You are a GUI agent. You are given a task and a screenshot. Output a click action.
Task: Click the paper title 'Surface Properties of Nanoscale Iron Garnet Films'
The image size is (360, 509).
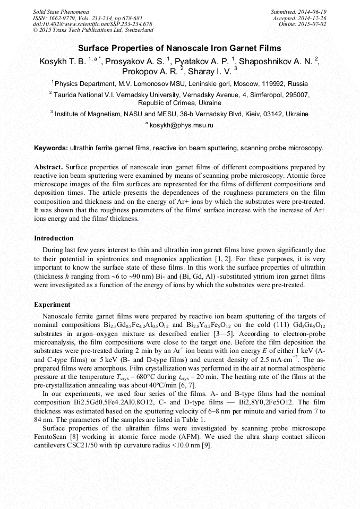click(180, 48)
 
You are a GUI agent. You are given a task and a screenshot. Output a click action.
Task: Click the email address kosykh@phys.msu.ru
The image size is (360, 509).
click(181, 125)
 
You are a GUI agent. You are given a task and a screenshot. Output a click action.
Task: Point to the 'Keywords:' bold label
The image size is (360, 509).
click(51, 148)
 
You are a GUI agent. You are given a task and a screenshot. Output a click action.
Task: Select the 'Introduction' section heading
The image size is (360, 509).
click(54, 238)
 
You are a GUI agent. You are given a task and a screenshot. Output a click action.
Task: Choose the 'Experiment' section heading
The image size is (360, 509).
click(52, 305)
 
